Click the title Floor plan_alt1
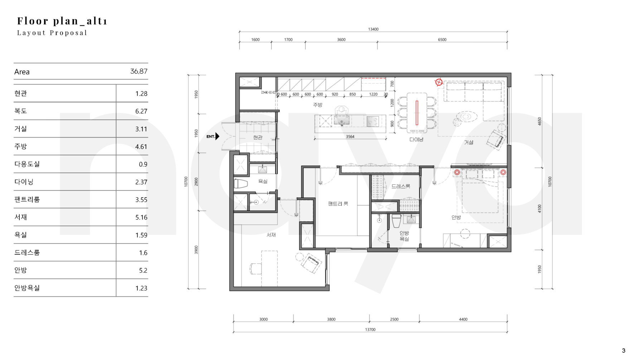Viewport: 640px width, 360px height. (62, 21)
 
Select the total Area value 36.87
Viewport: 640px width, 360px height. (139, 71)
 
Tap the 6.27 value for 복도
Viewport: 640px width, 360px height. (141, 111)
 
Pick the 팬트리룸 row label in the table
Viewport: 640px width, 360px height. (27, 200)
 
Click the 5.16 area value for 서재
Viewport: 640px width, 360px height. (141, 217)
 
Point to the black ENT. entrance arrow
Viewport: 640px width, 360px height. (217, 136)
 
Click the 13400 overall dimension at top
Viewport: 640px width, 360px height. (373, 29)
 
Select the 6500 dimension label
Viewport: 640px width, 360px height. (442, 40)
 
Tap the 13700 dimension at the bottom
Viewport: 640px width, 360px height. (370, 330)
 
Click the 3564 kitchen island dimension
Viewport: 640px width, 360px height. (350, 137)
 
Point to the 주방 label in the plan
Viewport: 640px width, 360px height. (318, 105)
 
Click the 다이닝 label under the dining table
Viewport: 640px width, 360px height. (417, 139)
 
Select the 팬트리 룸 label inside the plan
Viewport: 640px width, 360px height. (338, 204)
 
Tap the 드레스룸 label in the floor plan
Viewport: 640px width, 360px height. (401, 186)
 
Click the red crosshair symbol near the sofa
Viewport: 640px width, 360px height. (439, 82)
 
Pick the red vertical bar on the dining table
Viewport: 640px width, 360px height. (417, 112)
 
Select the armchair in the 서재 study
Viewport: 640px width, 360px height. (311, 263)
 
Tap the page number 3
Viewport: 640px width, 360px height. (624, 351)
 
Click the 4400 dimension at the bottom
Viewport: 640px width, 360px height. (463, 320)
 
